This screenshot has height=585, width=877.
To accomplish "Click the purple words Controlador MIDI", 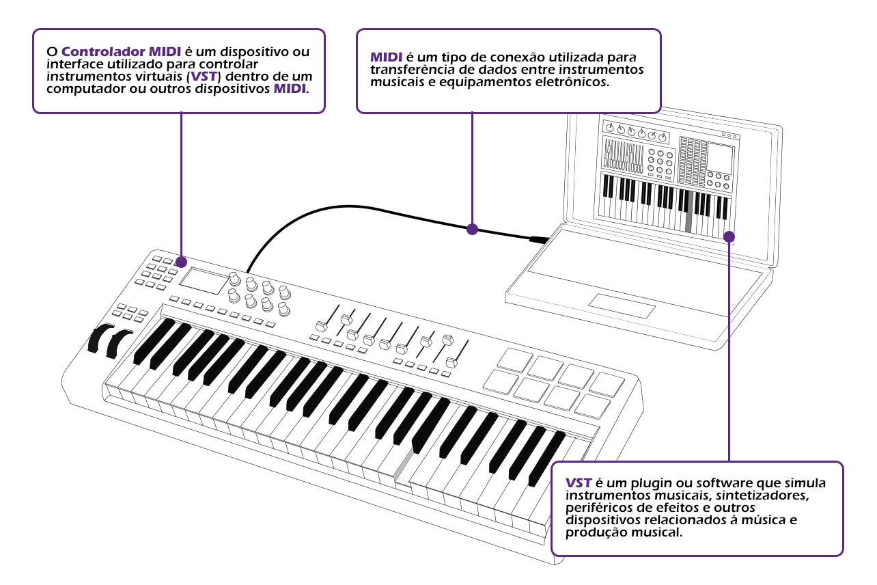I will [122, 52].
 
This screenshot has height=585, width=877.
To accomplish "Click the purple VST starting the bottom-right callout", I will [579, 483].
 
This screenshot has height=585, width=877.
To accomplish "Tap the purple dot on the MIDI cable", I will [472, 230].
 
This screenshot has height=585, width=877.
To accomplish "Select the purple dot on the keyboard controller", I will [182, 262].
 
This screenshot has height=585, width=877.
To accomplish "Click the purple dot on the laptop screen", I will [729, 236].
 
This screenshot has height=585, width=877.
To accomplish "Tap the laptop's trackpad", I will [622, 306].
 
